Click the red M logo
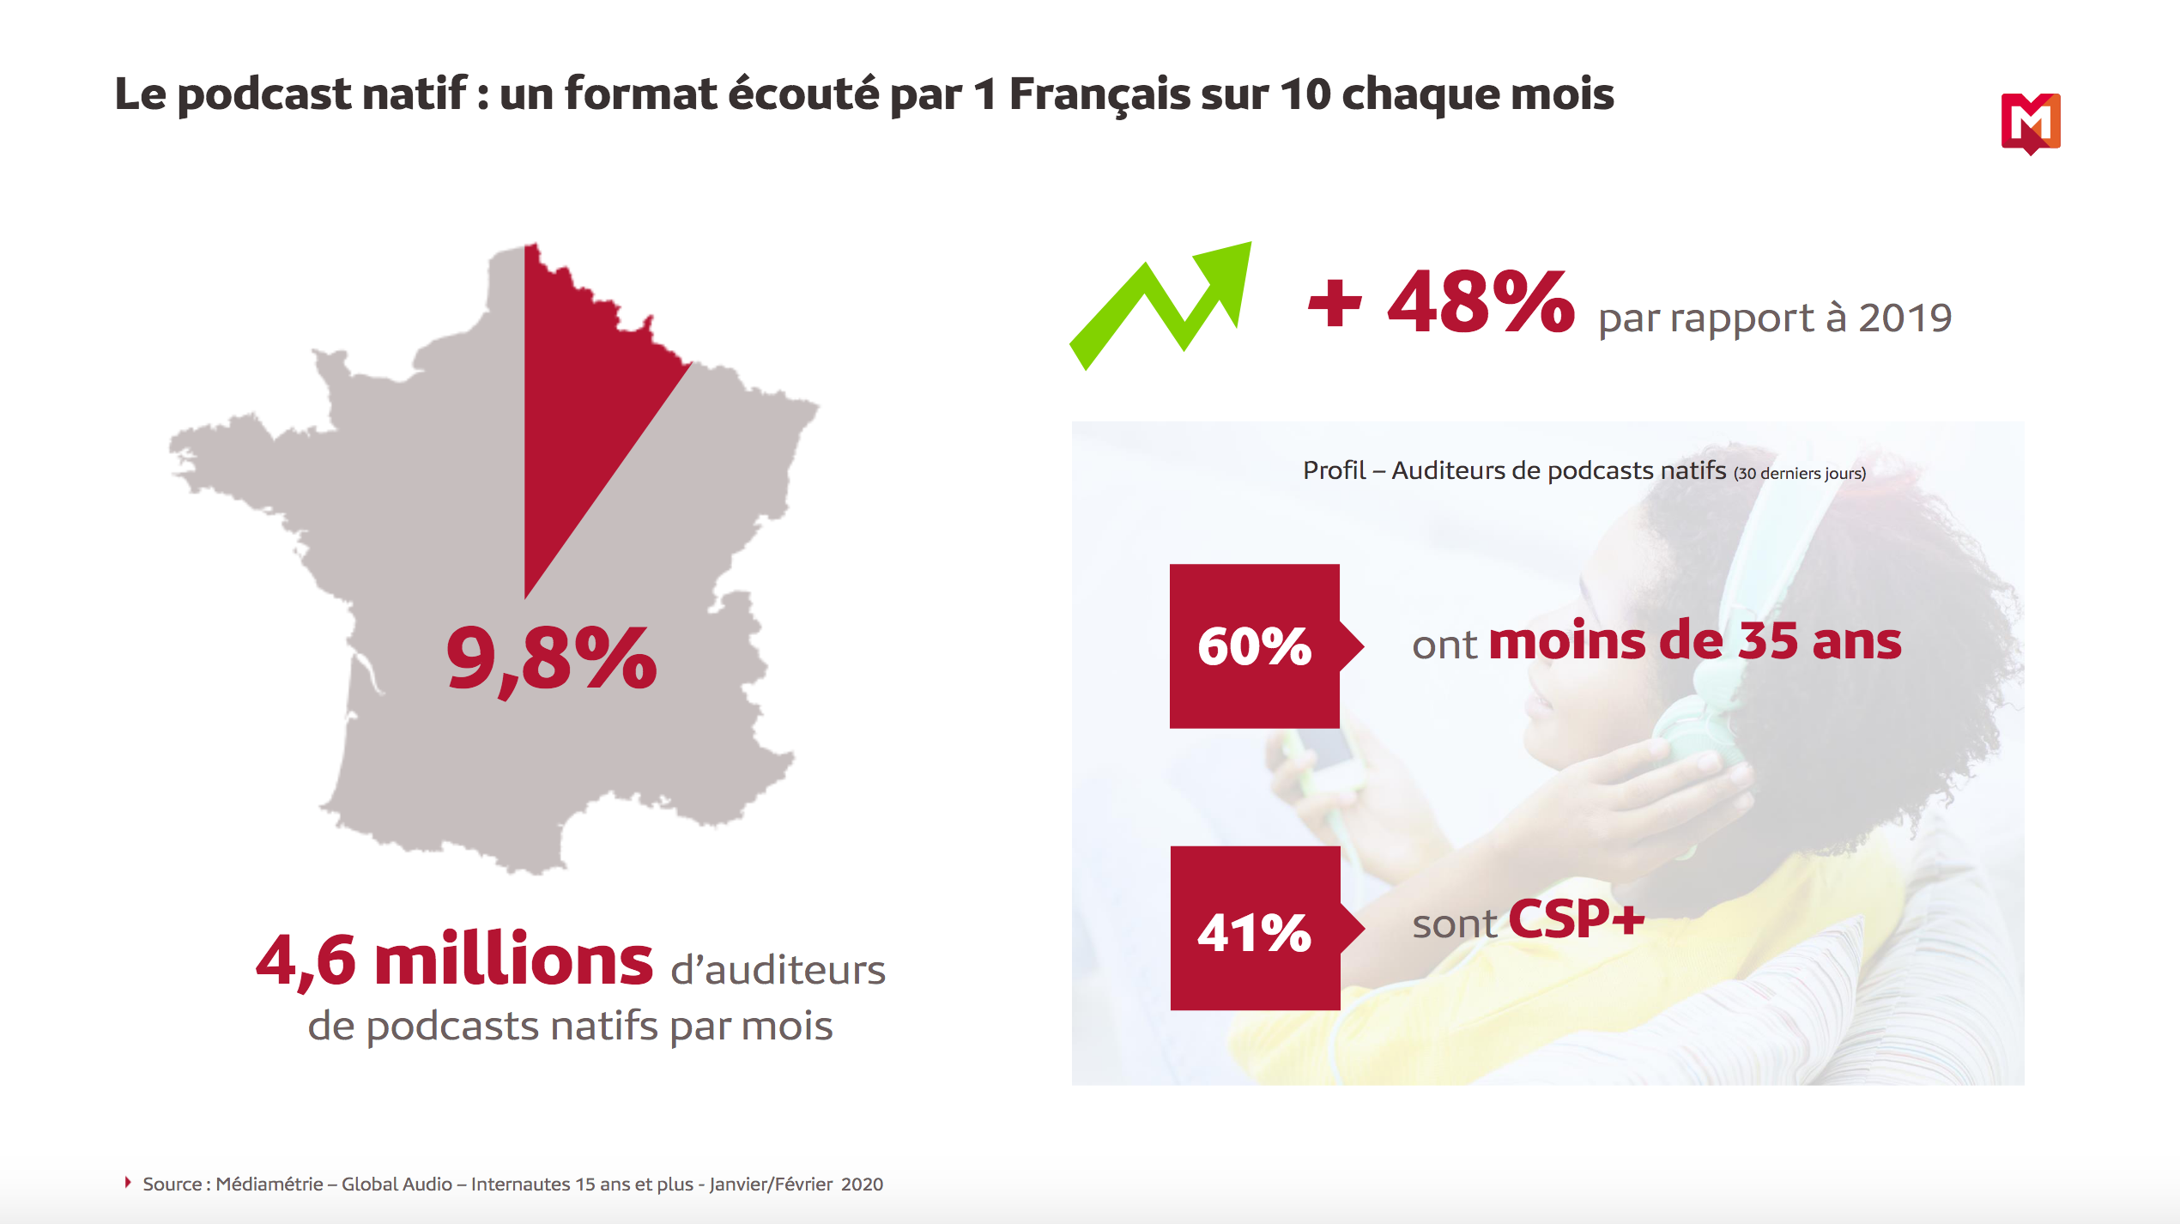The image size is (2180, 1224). [2030, 123]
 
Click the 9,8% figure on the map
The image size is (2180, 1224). [552, 659]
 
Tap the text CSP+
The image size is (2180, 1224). [1576, 920]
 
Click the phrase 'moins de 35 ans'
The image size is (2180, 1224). [1695, 641]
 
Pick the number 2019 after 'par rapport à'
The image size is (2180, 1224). [1904, 318]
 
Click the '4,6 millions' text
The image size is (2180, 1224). [454, 960]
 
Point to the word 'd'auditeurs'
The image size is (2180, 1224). [778, 971]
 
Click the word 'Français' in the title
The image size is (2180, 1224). [1099, 94]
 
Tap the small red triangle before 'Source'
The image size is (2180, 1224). [128, 1183]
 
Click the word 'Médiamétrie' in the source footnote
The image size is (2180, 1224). [269, 1185]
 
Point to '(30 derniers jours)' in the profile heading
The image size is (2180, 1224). [1799, 474]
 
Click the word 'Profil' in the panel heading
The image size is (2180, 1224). [1334, 470]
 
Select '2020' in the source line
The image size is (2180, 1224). [862, 1185]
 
